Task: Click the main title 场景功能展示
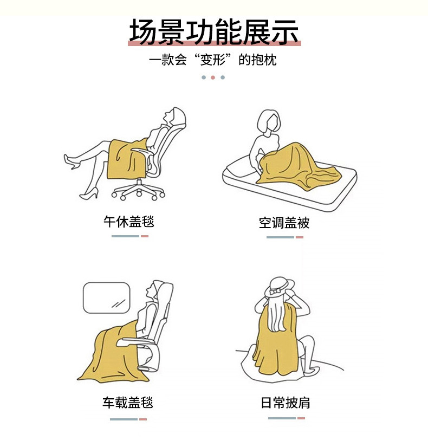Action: pos(214,31)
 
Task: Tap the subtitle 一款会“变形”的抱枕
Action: pos(213,60)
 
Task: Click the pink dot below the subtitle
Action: pos(213,77)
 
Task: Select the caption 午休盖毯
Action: pos(128,222)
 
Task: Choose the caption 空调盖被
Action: pos(284,223)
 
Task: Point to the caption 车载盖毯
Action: pos(128,402)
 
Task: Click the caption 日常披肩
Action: pos(286,403)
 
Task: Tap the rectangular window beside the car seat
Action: pos(106,297)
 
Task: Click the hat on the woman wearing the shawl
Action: pos(280,287)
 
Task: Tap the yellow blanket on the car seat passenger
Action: pos(114,353)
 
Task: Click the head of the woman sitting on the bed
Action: pos(269,121)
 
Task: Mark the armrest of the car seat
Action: pos(134,341)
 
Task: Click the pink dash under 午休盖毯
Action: pos(145,236)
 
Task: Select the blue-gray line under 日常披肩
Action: pos(282,418)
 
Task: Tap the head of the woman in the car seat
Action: pos(160,291)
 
